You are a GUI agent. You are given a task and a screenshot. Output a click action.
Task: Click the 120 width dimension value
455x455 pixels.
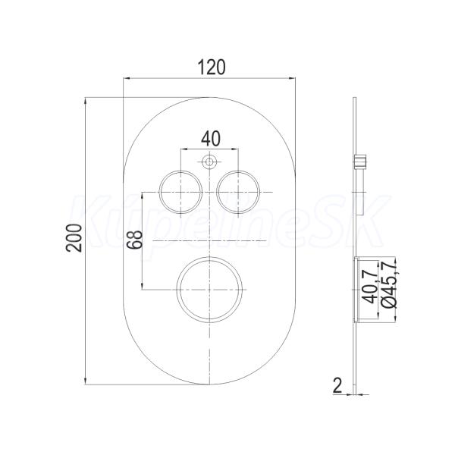pyautogui.click(x=212, y=67)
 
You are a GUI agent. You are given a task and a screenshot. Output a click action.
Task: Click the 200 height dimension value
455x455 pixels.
pyautogui.click(x=74, y=237)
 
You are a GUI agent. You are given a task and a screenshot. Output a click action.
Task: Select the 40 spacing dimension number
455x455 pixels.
pyautogui.click(x=211, y=139)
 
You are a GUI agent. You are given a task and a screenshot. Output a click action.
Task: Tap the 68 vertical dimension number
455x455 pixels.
pyautogui.click(x=135, y=240)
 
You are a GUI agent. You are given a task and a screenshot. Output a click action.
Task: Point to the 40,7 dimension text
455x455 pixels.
pyautogui.click(x=371, y=287)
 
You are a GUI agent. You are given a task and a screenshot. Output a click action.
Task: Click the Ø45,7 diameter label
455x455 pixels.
pyautogui.click(x=390, y=283)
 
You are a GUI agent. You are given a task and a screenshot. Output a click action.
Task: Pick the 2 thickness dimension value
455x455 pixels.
pyautogui.click(x=337, y=386)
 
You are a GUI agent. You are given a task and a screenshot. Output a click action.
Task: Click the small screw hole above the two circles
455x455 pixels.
pyautogui.click(x=209, y=162)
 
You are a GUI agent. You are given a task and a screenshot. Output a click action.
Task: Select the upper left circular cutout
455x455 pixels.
pyautogui.click(x=180, y=192)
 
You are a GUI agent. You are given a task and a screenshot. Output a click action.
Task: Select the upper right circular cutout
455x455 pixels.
pyautogui.click(x=238, y=192)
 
